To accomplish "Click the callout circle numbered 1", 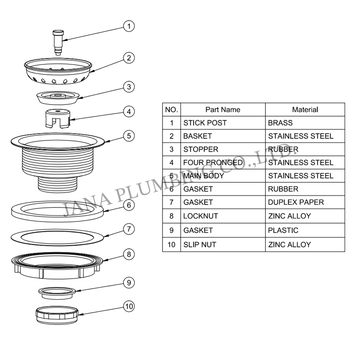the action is click(x=129, y=26).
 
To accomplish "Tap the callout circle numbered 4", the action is click(x=129, y=112).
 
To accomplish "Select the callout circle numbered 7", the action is click(x=129, y=229).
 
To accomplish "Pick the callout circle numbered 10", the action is click(x=129, y=306).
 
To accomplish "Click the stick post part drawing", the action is click(x=58, y=42).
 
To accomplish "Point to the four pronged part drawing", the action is click(x=58, y=118).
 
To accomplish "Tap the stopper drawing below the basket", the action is click(x=58, y=98).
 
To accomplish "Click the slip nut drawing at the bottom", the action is click(x=57, y=315).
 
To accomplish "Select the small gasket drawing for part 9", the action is click(x=57, y=293).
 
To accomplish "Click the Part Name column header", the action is click(x=223, y=110).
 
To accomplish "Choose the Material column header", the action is click(x=305, y=110).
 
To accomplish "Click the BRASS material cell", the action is click(x=280, y=123).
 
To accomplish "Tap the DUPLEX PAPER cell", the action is click(x=296, y=202).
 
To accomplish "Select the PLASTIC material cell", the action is click(x=283, y=230).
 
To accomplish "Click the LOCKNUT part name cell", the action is click(x=200, y=216).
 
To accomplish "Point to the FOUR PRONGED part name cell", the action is click(x=213, y=163).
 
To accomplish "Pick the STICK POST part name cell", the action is click(x=205, y=123).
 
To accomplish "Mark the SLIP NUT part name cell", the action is click(x=200, y=245).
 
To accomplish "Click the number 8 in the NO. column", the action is click(x=171, y=216).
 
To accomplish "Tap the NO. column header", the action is click(x=171, y=110).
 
